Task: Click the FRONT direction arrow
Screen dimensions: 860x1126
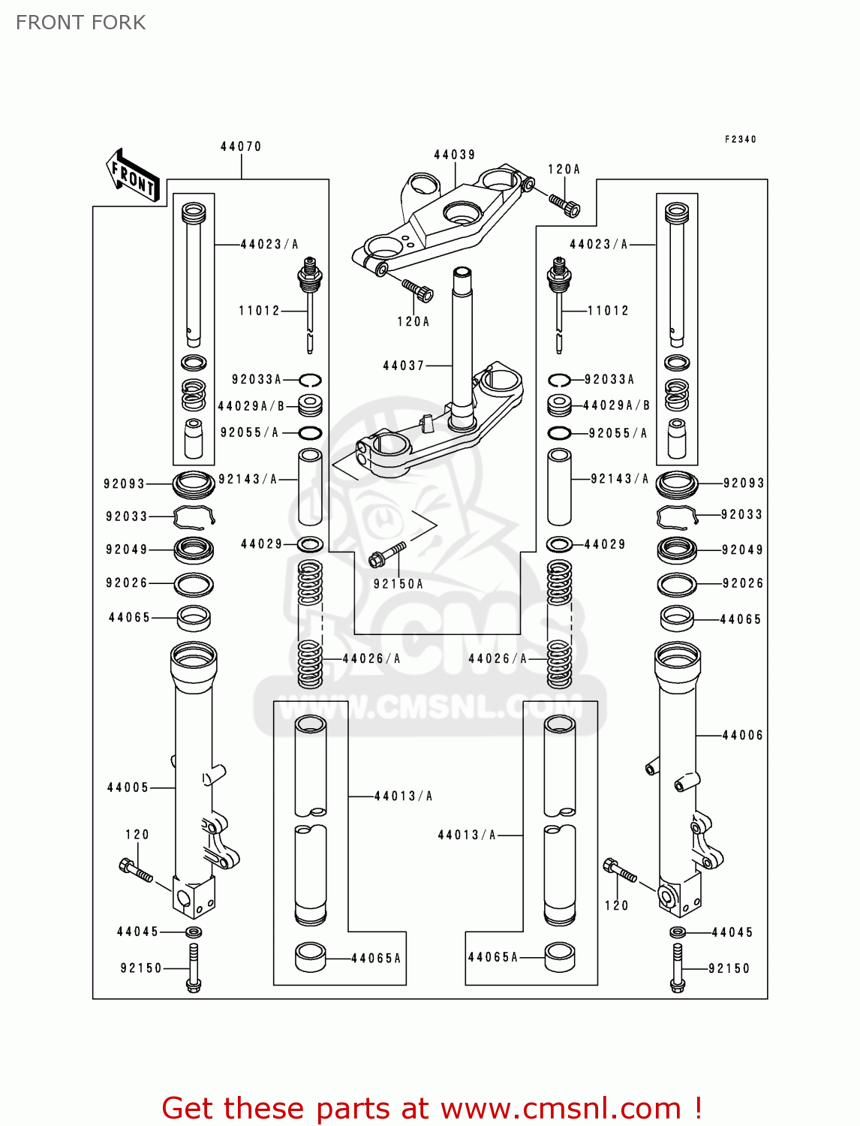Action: pos(133,176)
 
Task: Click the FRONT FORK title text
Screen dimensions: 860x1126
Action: pos(81,23)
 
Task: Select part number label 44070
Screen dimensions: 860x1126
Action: pos(241,146)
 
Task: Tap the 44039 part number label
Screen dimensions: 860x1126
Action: pos(454,155)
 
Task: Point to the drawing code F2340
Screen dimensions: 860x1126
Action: pos(740,139)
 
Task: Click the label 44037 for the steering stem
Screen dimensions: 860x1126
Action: pos(404,366)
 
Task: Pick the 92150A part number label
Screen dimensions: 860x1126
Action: pos(398,584)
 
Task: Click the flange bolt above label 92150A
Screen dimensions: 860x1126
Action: pos(387,555)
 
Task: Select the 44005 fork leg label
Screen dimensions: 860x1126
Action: pos(128,787)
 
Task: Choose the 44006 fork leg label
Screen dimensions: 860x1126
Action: pos(742,735)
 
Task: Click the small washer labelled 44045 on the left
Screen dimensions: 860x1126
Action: pos(194,932)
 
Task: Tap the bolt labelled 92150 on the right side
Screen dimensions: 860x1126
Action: pos(677,968)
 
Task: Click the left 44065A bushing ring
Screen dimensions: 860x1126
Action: pos(310,957)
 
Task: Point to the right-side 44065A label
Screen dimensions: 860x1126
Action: pos(493,957)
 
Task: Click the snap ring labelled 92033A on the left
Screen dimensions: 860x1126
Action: pos(310,380)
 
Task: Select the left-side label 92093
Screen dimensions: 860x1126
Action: pos(125,483)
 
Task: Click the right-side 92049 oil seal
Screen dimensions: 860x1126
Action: pos(677,550)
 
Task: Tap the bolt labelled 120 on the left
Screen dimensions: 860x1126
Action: pos(135,871)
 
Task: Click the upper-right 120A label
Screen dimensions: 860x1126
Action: pos(564,170)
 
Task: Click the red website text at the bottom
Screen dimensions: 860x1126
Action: pos(432,1108)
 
